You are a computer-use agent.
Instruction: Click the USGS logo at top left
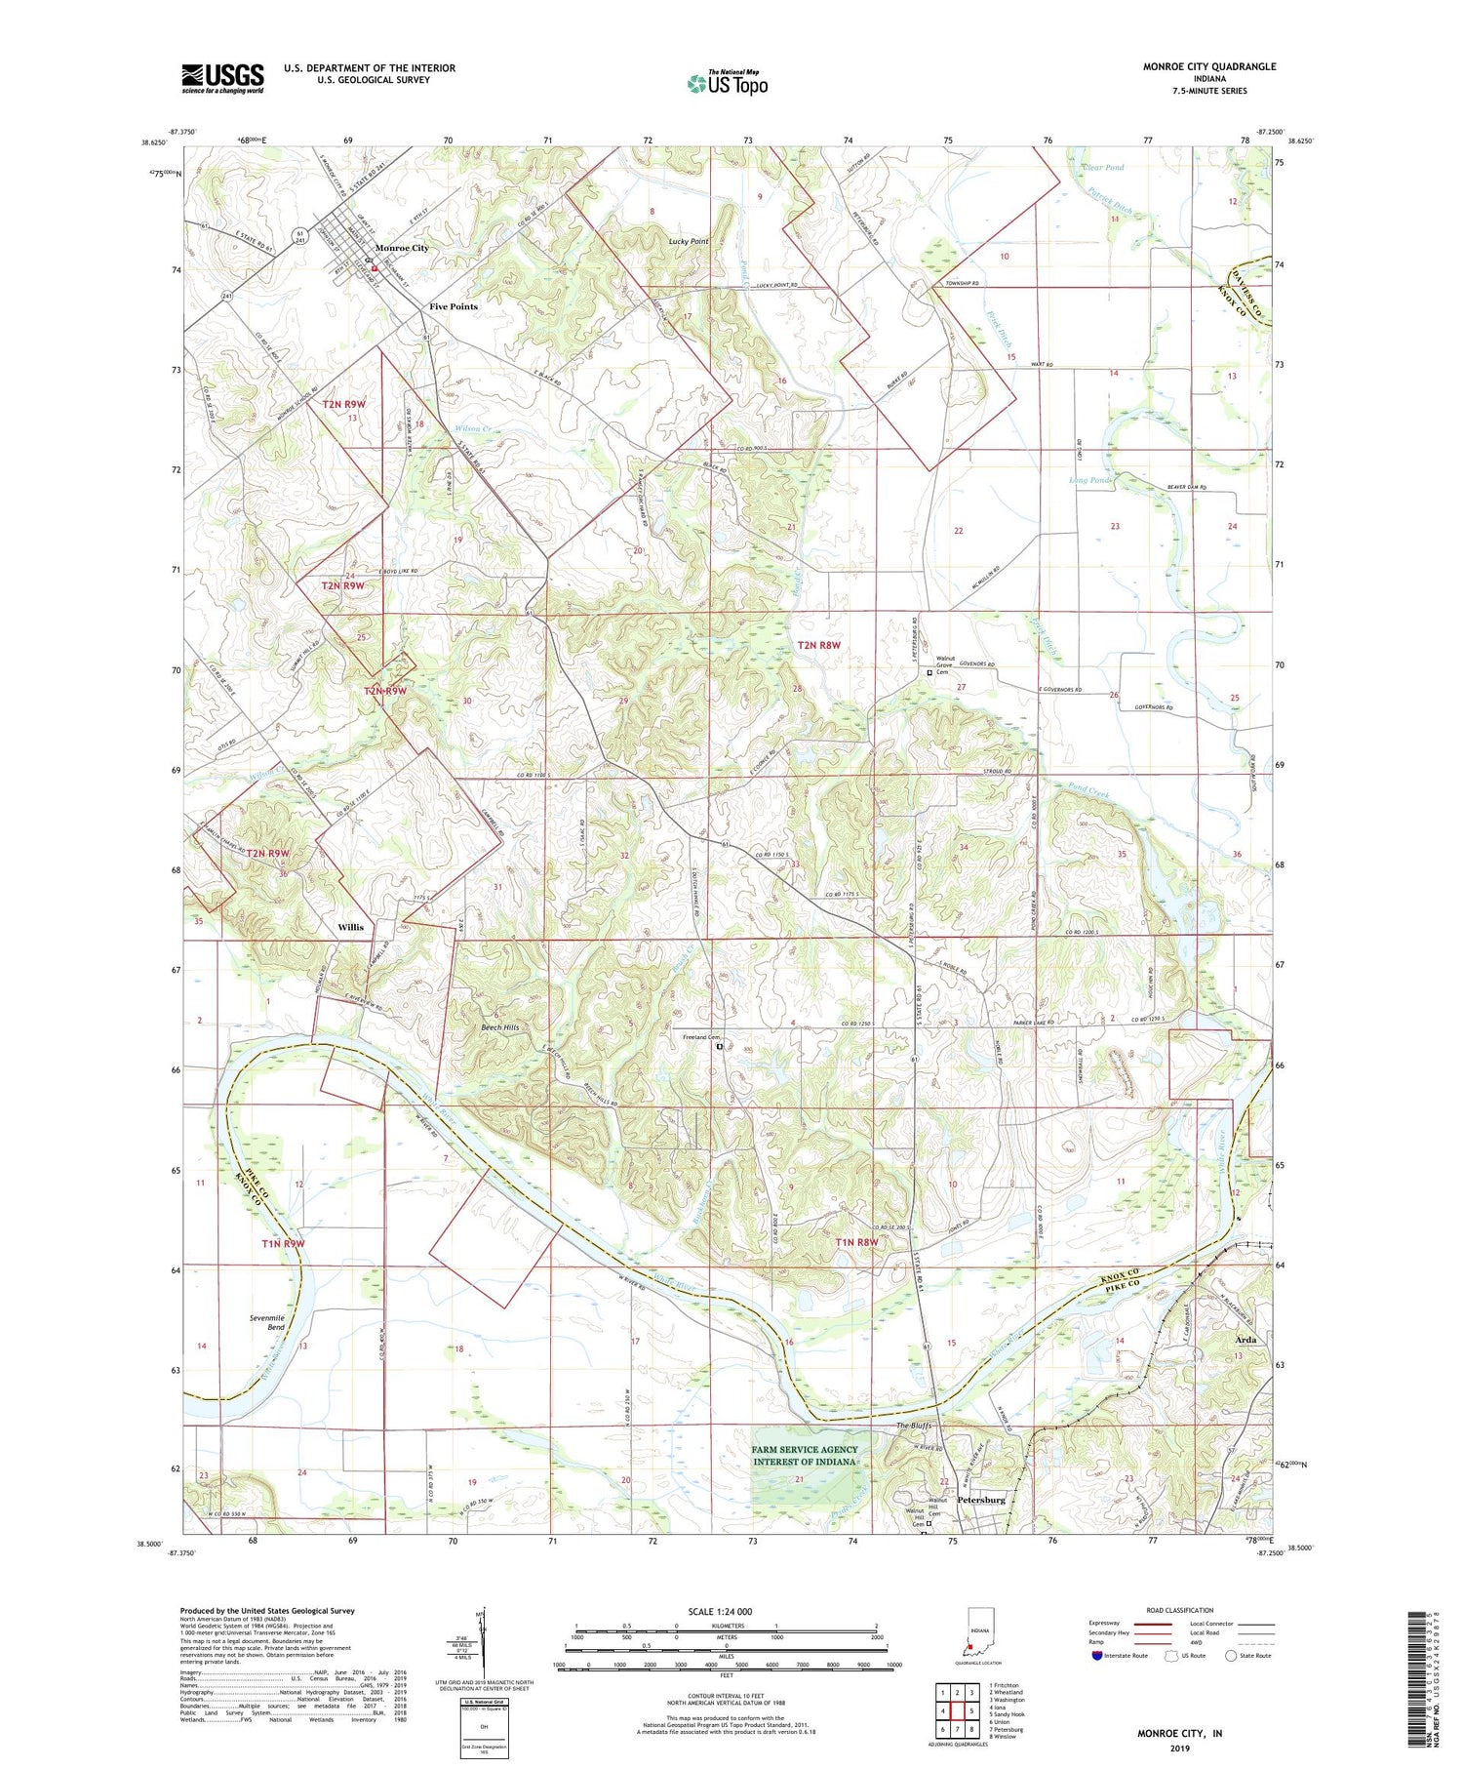point(222,78)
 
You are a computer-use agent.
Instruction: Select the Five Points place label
point(454,306)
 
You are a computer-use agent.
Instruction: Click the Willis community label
point(350,928)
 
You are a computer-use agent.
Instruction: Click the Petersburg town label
point(981,1500)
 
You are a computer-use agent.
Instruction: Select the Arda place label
point(1246,1340)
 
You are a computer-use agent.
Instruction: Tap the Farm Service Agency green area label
point(805,1455)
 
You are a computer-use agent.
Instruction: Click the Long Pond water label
point(1089,480)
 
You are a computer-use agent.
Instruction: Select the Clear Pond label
point(1103,168)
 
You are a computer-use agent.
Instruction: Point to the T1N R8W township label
point(856,1242)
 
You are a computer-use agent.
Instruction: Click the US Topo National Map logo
point(727,82)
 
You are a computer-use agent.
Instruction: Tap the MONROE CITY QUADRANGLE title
point(1208,66)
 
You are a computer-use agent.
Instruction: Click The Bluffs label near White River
point(916,1427)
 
